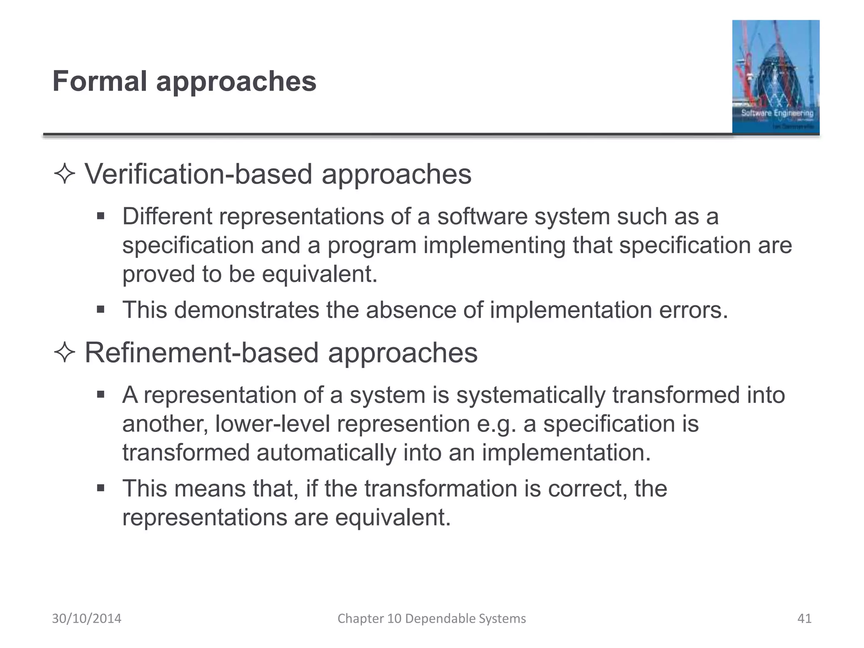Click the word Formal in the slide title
click(100, 81)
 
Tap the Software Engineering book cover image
click(775, 77)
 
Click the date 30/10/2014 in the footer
click(86, 618)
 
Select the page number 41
click(804, 618)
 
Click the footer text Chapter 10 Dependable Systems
click(432, 618)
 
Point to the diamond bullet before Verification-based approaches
click(65, 174)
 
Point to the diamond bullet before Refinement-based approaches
click(65, 353)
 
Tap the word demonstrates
click(246, 310)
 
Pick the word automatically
click(326, 453)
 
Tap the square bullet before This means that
click(100, 489)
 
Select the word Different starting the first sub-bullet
click(167, 216)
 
